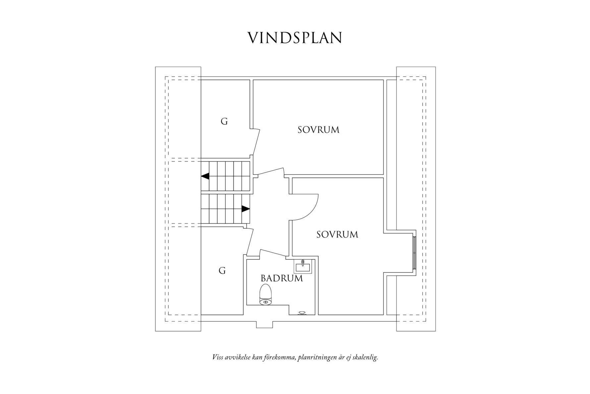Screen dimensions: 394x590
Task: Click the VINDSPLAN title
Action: click(x=295, y=38)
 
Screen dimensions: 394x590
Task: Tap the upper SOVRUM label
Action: click(x=318, y=130)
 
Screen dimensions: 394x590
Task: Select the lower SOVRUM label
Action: click(x=337, y=235)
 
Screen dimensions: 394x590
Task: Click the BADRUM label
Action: click(x=282, y=278)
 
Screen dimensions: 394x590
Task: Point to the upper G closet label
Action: click(x=224, y=122)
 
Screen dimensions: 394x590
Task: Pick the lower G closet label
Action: click(x=222, y=271)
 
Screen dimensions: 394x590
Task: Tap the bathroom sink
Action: click(x=303, y=266)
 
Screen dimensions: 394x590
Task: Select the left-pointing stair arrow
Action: click(x=205, y=176)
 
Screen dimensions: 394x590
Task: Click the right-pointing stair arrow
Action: click(x=245, y=209)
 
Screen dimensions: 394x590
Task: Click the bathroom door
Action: click(x=273, y=253)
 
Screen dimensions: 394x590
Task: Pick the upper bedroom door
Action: click(x=271, y=171)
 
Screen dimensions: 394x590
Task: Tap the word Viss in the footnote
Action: click(x=217, y=357)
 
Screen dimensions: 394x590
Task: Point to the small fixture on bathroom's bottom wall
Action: click(x=302, y=313)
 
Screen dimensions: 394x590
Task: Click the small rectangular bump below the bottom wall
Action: click(x=264, y=324)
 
